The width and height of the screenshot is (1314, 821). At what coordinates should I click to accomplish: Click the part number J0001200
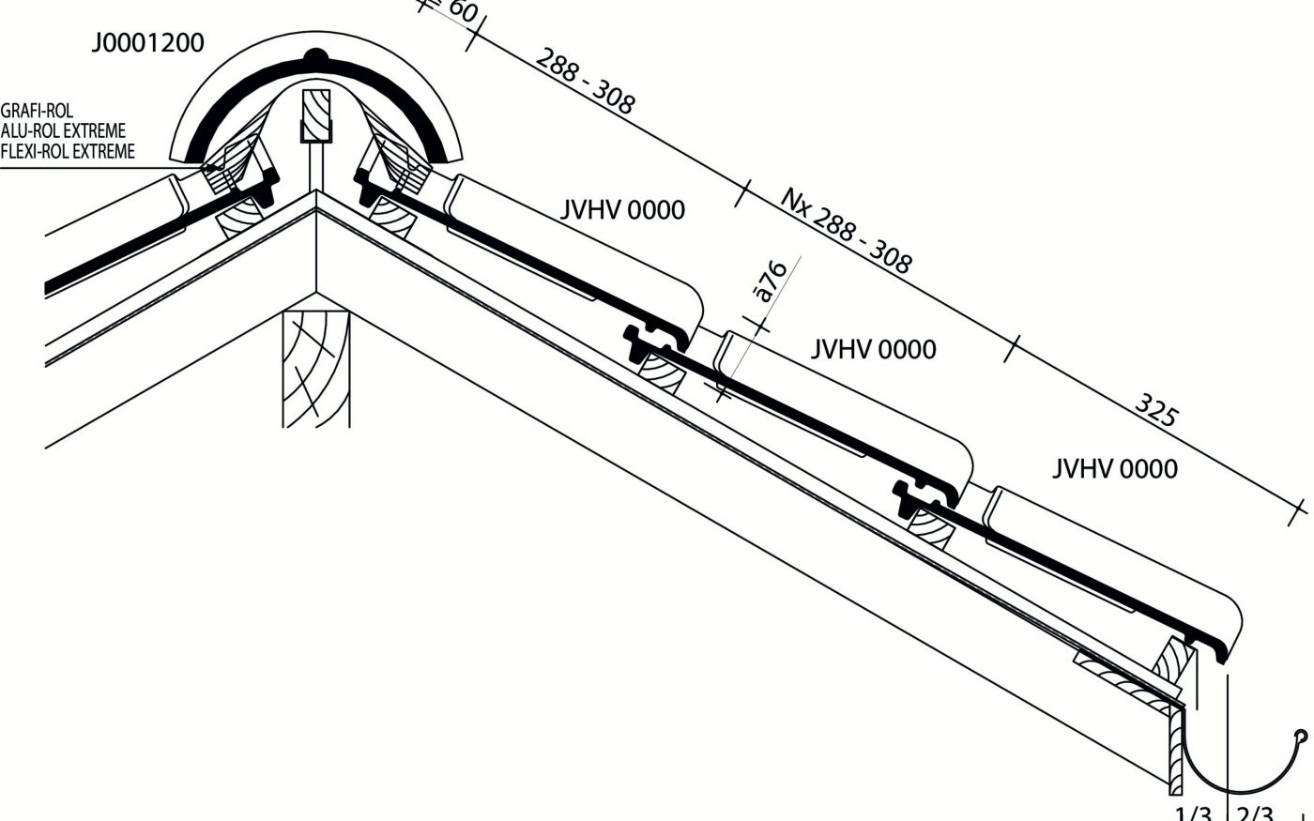coord(147,43)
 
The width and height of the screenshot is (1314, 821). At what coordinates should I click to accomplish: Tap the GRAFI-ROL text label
coord(38,111)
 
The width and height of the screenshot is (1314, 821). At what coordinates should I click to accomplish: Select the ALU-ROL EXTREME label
coord(63,130)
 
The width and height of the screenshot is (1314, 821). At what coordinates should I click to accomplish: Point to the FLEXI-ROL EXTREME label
coord(68,151)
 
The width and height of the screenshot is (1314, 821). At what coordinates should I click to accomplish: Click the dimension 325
coord(1156,410)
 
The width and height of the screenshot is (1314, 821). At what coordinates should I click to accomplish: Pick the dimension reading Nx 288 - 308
coord(846,229)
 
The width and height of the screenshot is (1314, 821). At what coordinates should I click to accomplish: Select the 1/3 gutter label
coord(1193,813)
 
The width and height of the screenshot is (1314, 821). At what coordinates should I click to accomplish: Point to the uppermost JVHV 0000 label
coord(622,209)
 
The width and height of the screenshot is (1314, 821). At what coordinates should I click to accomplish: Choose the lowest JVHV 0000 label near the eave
coord(1114,467)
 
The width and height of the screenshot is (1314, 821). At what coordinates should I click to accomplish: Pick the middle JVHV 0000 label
coord(873,349)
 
